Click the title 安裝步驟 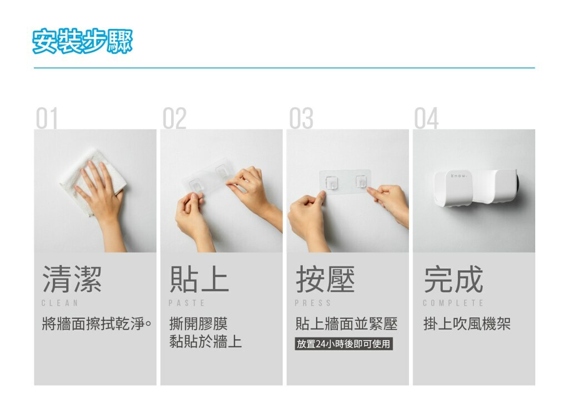(82, 41)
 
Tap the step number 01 (47, 118)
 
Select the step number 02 (174, 118)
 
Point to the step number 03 (301, 118)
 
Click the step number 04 (427, 118)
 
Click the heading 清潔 (72, 279)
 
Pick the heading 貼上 (199, 279)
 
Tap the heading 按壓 (326, 279)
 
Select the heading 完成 (453, 279)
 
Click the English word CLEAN (60, 303)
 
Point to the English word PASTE (187, 303)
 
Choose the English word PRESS (313, 303)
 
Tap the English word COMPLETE (453, 303)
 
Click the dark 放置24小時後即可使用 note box (343, 344)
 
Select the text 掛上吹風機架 (467, 324)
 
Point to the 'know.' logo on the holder (458, 176)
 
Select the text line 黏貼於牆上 (206, 342)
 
